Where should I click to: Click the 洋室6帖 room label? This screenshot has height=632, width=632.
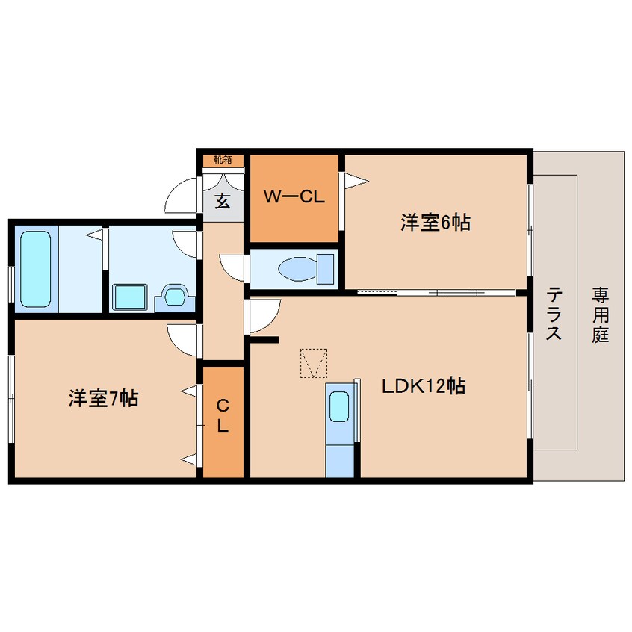click(435, 222)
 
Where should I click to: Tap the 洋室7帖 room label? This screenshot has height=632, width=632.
click(103, 399)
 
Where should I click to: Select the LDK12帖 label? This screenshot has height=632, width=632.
click(424, 386)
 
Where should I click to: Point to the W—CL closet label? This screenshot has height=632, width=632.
click(294, 198)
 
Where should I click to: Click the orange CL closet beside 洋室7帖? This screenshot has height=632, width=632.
click(222, 421)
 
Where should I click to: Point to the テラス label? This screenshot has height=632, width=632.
click(554, 314)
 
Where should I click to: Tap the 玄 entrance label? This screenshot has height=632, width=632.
click(223, 201)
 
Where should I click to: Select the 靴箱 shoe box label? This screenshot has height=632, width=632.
click(223, 159)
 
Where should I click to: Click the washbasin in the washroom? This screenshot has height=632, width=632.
click(175, 297)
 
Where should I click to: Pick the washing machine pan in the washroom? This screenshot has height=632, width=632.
click(130, 297)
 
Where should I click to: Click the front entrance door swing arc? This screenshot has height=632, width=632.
click(181, 197)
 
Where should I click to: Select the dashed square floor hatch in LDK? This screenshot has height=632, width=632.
click(314, 364)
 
